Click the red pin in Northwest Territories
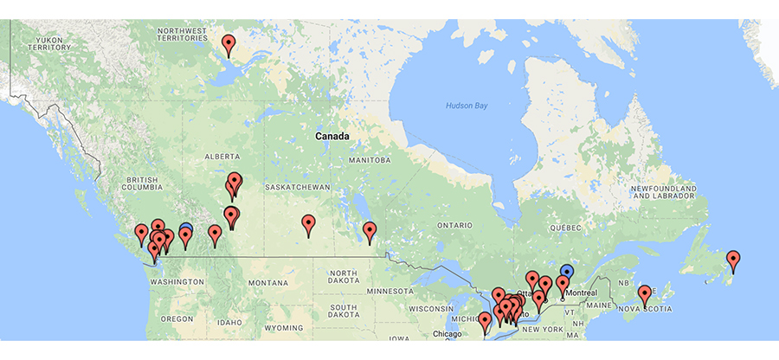(x=229, y=43)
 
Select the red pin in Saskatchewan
(x=308, y=224)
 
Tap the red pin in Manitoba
(x=370, y=230)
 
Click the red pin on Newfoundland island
(x=733, y=259)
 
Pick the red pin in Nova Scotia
(x=645, y=294)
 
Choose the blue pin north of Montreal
(x=567, y=272)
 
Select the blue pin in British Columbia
(x=186, y=230)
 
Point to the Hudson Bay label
(x=467, y=105)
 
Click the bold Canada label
(x=332, y=137)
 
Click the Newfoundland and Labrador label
(x=664, y=191)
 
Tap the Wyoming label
(x=284, y=328)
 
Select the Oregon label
(x=177, y=318)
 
